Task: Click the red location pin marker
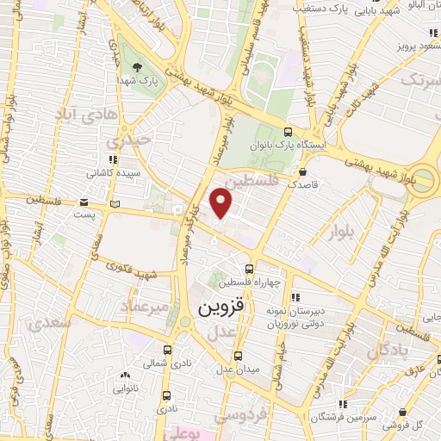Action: click(x=221, y=203)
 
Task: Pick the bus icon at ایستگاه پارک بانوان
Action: click(x=288, y=134)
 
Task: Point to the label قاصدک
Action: click(x=303, y=184)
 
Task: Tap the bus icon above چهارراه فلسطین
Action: click(x=248, y=269)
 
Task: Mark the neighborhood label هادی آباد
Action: click(x=84, y=114)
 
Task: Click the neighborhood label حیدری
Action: click(x=129, y=139)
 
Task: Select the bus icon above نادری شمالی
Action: click(x=167, y=350)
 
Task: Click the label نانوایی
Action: click(x=126, y=388)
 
